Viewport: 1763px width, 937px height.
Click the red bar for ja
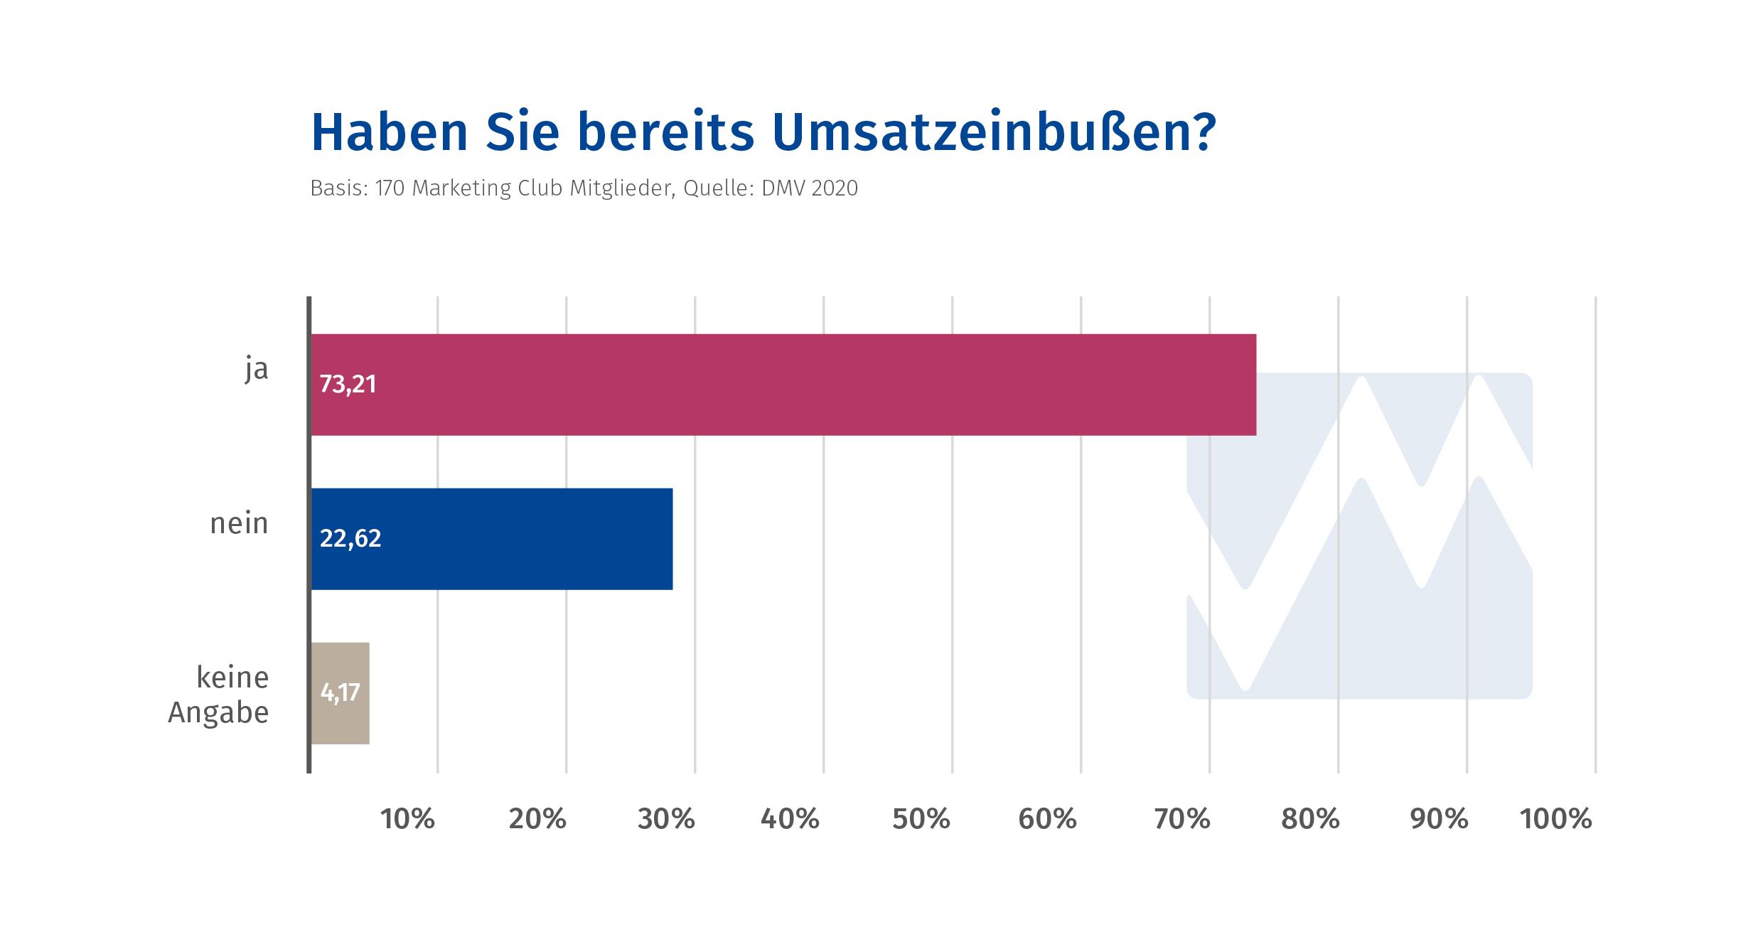tap(783, 385)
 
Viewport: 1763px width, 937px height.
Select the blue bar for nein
tap(492, 539)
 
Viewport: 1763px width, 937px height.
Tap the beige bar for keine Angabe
tap(341, 693)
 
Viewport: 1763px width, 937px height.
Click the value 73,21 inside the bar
tap(348, 385)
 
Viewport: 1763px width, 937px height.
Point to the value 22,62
tap(350, 539)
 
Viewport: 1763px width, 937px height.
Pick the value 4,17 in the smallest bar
tap(340, 692)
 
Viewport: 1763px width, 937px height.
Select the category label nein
tap(240, 524)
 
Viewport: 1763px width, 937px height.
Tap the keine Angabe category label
tap(219, 695)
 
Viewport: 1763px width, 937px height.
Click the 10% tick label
tap(408, 820)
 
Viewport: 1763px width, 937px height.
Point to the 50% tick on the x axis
tap(921, 820)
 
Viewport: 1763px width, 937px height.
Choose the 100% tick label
tap(1556, 820)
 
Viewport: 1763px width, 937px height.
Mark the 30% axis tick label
tap(666, 820)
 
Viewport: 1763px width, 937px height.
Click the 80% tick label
tap(1310, 820)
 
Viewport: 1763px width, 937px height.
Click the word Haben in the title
tap(390, 132)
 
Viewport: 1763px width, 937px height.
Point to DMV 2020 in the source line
tap(808, 188)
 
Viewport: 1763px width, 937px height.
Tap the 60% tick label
tap(1048, 820)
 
